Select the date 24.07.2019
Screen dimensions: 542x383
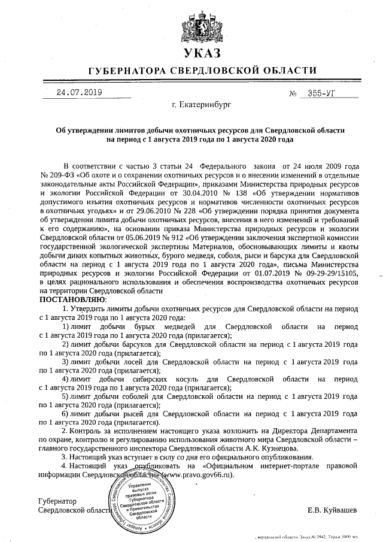[79, 93]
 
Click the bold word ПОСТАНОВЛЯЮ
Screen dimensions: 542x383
[72, 299]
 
